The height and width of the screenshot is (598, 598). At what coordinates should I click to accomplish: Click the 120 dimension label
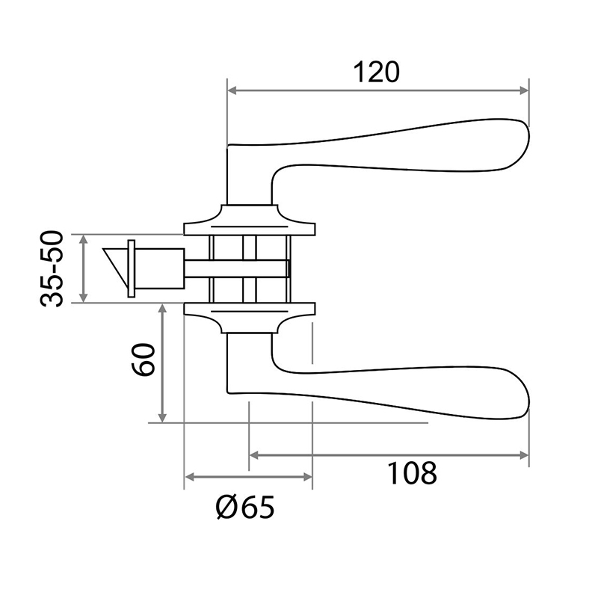[377, 72]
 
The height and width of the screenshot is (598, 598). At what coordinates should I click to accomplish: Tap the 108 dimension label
[412, 473]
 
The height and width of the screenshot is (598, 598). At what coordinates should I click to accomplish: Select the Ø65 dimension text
[245, 508]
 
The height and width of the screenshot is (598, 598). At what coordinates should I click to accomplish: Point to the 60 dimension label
[143, 360]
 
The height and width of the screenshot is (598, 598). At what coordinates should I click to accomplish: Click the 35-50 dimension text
[51, 268]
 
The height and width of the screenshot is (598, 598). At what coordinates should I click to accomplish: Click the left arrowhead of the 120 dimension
[232, 90]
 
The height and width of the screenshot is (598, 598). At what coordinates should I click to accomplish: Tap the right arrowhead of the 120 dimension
[524, 90]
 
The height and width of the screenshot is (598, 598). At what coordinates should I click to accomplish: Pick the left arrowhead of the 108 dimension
[254, 455]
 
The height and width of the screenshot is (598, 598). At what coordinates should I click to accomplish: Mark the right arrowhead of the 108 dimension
[524, 455]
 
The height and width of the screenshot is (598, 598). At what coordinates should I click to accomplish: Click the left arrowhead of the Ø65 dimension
[190, 477]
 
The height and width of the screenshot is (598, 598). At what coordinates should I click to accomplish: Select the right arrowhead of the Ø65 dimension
[307, 477]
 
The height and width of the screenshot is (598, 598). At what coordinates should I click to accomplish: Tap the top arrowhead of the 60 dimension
[162, 309]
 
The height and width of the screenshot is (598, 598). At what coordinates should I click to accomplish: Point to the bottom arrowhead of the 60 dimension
[162, 418]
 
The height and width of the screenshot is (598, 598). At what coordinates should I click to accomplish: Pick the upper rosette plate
[250, 220]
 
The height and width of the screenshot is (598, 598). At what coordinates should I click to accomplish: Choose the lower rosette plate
[250, 318]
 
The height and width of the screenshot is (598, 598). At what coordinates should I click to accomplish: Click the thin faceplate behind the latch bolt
[132, 268]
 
